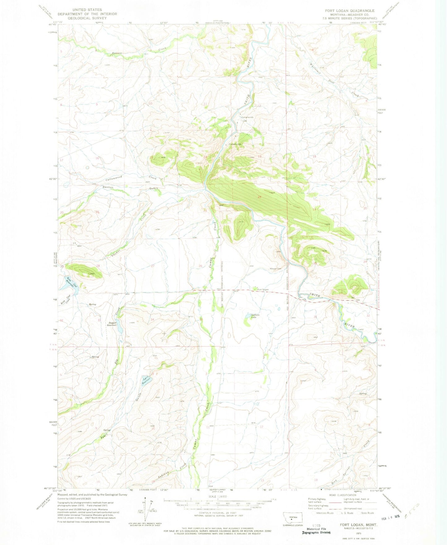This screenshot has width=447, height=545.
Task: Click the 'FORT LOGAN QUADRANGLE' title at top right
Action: click(350, 11)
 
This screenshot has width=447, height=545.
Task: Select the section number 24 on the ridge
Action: click(260, 197)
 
